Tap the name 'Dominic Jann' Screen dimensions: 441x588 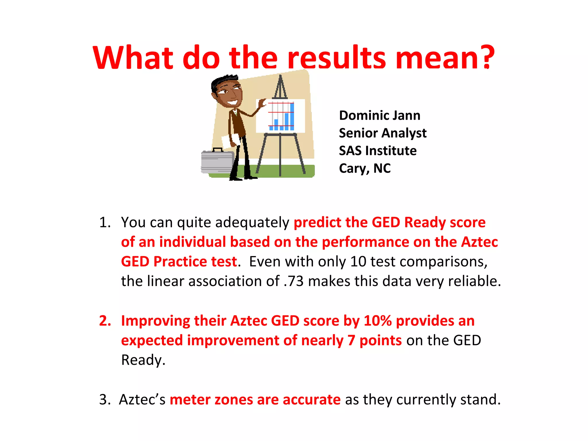[x=380, y=115]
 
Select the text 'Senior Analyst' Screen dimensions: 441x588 [x=382, y=133]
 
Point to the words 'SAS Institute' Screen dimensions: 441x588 [x=378, y=151]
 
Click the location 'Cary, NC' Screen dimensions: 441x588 [x=365, y=168]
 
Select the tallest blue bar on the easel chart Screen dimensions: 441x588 [x=292, y=116]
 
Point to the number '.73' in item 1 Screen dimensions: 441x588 [x=293, y=281]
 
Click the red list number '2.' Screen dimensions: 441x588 [x=105, y=321]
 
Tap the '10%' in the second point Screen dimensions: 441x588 [x=377, y=321]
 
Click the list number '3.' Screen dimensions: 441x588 [x=105, y=400]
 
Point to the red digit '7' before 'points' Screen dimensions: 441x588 [x=351, y=341]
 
